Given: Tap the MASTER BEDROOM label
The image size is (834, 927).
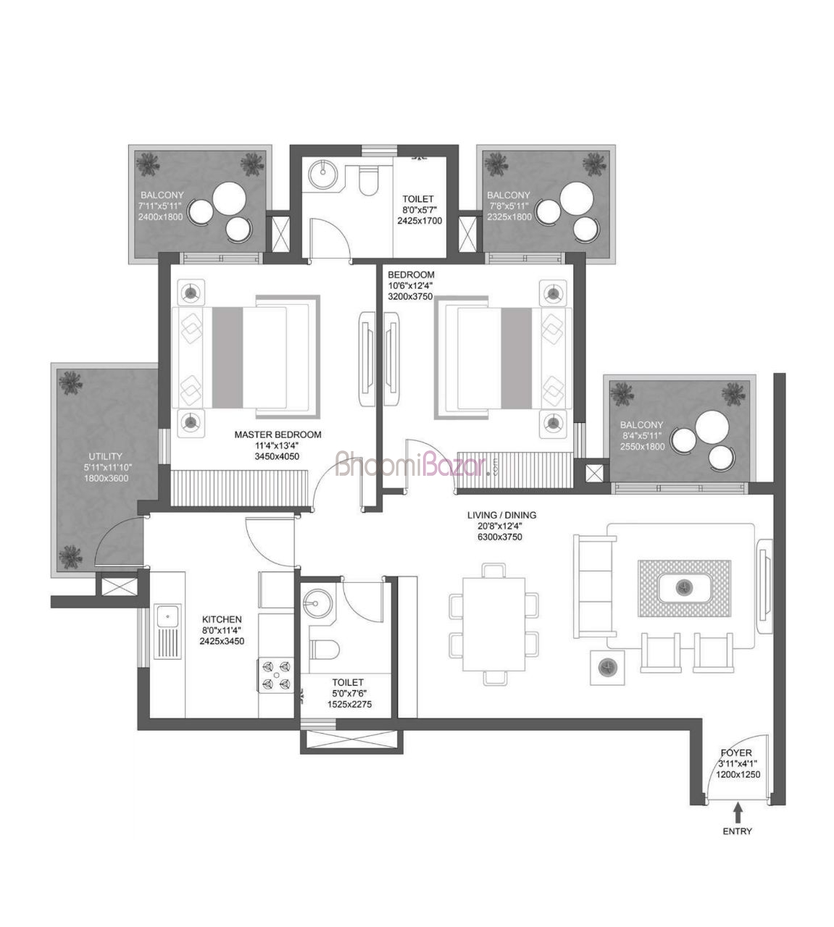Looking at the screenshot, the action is click(x=278, y=435).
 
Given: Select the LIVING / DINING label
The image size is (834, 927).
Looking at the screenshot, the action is click(x=502, y=515).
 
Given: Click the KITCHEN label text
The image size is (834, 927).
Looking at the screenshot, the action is click(x=222, y=619).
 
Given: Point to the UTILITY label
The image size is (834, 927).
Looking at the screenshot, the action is click(x=106, y=456).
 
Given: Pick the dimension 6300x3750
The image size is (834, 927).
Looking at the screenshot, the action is click(x=500, y=537).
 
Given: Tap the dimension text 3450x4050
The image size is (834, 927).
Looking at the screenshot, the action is click(x=277, y=456).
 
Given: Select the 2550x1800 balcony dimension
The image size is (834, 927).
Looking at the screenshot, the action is click(x=643, y=447).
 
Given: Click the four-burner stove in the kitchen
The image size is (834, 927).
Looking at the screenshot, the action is click(x=276, y=676).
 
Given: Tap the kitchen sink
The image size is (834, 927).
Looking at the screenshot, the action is click(x=167, y=632).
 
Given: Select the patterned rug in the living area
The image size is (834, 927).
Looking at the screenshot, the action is click(x=685, y=588).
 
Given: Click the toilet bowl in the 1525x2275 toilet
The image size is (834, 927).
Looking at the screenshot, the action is click(x=325, y=650).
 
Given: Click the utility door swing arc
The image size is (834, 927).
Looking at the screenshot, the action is click(x=113, y=531).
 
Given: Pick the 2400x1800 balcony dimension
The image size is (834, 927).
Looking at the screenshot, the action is click(x=161, y=217).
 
